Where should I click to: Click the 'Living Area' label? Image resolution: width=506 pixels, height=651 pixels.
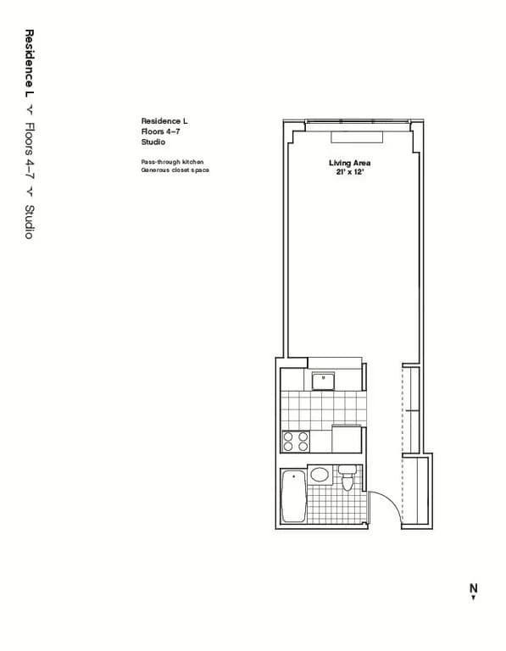[x=349, y=163]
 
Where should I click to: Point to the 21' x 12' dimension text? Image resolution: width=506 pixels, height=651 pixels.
[x=349, y=172]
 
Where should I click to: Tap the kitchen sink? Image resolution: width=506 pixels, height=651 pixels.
[x=322, y=381]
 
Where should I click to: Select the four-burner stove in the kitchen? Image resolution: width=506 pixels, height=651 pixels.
[x=296, y=441]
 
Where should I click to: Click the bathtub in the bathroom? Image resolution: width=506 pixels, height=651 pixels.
[x=293, y=497]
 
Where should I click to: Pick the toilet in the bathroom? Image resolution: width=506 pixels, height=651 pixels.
[x=347, y=481]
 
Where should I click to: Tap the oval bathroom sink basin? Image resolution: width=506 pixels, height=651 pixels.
[x=320, y=475]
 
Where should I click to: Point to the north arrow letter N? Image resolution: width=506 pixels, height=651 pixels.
[x=474, y=587]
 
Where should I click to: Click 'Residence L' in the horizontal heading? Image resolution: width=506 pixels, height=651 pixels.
[x=164, y=121]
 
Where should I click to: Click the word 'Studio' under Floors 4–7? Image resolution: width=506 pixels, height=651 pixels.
[x=153, y=143]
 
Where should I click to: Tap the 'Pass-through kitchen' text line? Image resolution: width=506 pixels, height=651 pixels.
[x=172, y=161]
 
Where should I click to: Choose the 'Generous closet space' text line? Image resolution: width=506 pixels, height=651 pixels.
[x=175, y=170]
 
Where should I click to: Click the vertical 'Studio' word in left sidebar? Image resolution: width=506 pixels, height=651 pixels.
[x=29, y=221]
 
